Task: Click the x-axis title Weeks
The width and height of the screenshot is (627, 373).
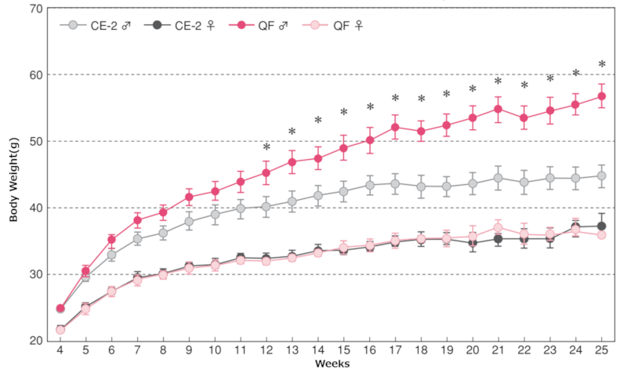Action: [x=332, y=364]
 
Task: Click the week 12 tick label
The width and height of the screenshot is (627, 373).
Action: [x=266, y=350]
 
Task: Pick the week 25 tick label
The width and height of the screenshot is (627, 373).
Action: [x=601, y=350]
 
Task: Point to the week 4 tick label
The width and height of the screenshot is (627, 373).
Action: [x=60, y=350]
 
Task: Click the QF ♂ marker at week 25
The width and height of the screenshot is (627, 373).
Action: [x=601, y=96]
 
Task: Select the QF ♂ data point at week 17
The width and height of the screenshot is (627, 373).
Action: [x=395, y=127]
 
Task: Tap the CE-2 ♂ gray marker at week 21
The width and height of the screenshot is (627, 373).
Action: [x=498, y=178]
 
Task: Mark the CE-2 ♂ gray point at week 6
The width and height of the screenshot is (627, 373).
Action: [x=111, y=255]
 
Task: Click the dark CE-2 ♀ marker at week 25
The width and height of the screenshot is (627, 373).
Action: [x=601, y=226]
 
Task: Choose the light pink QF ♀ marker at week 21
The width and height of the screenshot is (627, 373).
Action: [x=498, y=228]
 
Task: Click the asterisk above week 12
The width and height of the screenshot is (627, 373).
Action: [x=266, y=147]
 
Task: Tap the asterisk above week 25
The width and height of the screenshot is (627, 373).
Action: [x=601, y=65]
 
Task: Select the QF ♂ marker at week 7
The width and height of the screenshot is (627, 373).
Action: [x=137, y=220]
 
